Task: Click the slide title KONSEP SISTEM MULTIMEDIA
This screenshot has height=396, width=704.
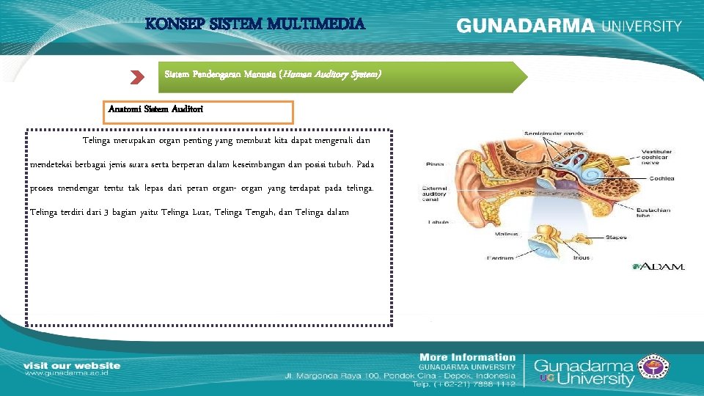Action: pyautogui.click(x=254, y=23)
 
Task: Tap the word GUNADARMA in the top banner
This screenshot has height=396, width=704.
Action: pyautogui.click(x=526, y=26)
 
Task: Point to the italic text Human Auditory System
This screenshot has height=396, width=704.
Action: pyautogui.click(x=332, y=75)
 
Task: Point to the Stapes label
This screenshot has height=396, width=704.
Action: pyautogui.click(x=616, y=237)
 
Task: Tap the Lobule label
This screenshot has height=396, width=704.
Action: pyautogui.click(x=439, y=222)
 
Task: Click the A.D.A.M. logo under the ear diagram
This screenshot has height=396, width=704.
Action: pyautogui.click(x=659, y=266)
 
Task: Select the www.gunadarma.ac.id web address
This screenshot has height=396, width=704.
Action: pyautogui.click(x=67, y=373)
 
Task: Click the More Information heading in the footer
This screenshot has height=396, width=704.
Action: pyautogui.click(x=467, y=357)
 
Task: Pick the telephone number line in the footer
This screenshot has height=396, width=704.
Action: pyautogui.click(x=463, y=384)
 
